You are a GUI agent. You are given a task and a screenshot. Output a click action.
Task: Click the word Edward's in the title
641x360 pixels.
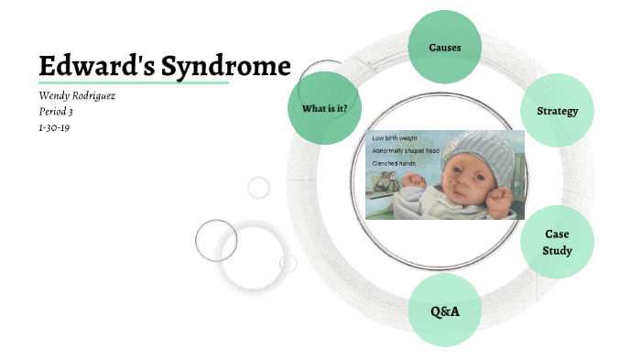coord(93,66)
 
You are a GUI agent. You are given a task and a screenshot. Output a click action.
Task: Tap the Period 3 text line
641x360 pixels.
coord(56,112)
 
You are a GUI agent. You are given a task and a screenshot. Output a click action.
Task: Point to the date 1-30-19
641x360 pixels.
coord(54,127)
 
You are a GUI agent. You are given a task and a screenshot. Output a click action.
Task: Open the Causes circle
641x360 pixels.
coord(445,47)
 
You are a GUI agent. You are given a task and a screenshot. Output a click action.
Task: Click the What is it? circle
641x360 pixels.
coord(324,108)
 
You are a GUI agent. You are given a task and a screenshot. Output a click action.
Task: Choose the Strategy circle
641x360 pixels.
coord(557,111)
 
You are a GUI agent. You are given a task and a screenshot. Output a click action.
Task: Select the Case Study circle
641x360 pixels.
coord(557,243)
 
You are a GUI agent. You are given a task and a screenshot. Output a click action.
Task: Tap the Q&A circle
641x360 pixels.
coord(444,311)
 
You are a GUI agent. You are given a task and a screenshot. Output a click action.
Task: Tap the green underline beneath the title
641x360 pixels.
coord(133,82)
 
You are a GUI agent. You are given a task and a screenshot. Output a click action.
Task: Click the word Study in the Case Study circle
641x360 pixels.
coord(557,251)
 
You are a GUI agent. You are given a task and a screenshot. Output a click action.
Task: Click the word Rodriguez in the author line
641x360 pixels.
coord(97,95)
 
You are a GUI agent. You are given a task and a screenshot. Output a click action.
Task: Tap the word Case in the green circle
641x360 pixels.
coord(557,235)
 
